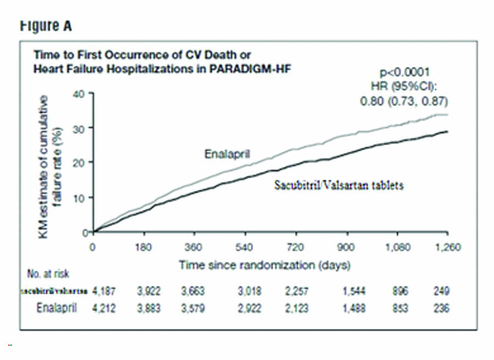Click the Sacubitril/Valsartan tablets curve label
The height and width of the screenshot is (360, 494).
pyautogui.click(x=338, y=186)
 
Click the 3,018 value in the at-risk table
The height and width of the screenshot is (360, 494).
pyautogui.click(x=246, y=290)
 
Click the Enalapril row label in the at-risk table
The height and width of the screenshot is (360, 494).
pyautogui.click(x=56, y=308)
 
